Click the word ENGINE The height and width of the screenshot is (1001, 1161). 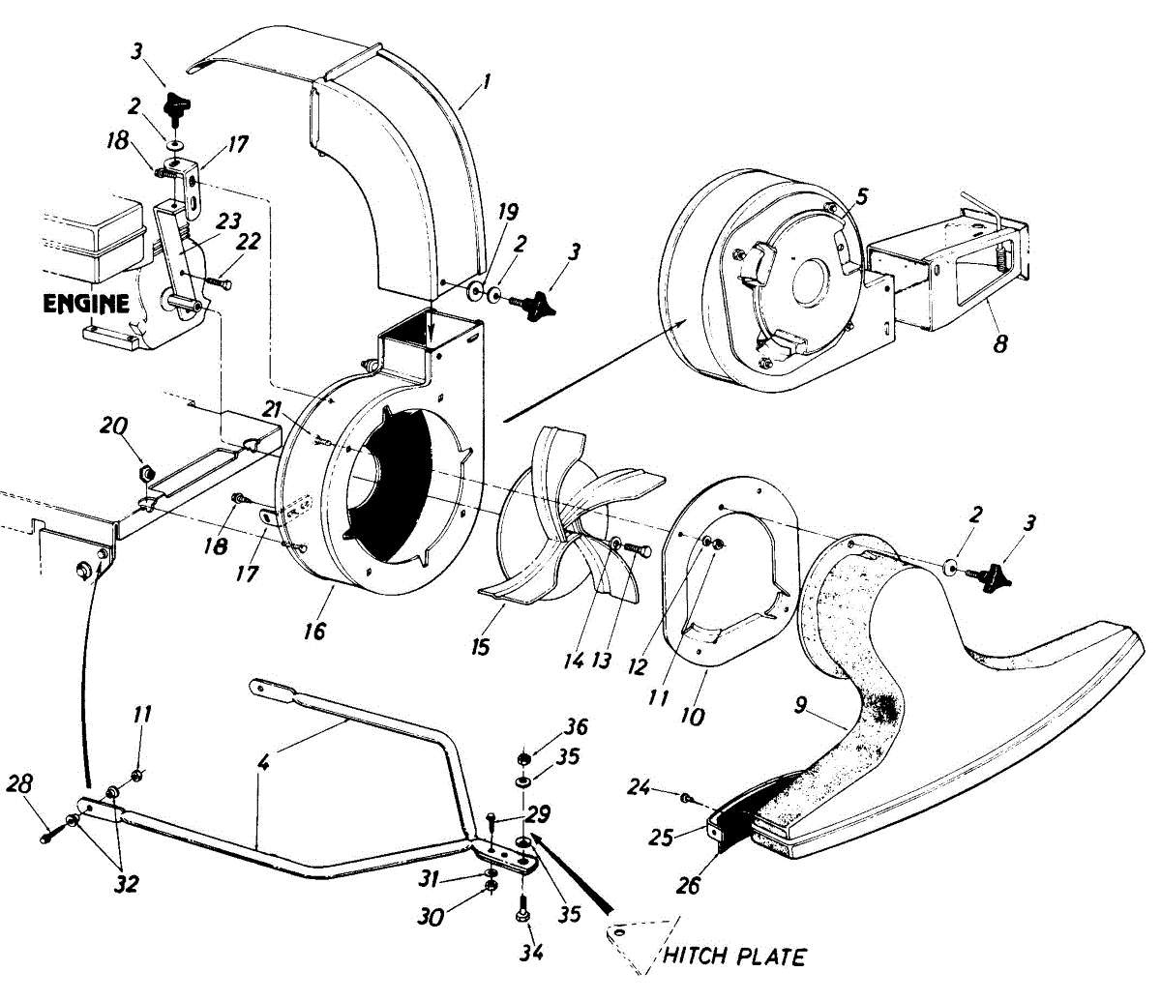coord(86,304)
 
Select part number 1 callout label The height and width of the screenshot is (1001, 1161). coord(487,83)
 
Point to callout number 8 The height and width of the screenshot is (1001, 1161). coord(1000,342)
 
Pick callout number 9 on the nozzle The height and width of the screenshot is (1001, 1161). coord(802,705)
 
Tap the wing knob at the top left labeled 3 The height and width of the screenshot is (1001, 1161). coord(177,105)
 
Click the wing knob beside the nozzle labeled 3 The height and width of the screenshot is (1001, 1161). coord(988,578)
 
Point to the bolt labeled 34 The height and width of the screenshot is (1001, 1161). coord(521,912)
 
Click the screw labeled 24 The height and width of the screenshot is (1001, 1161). coord(686,798)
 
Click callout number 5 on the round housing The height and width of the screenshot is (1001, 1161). coord(861,196)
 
